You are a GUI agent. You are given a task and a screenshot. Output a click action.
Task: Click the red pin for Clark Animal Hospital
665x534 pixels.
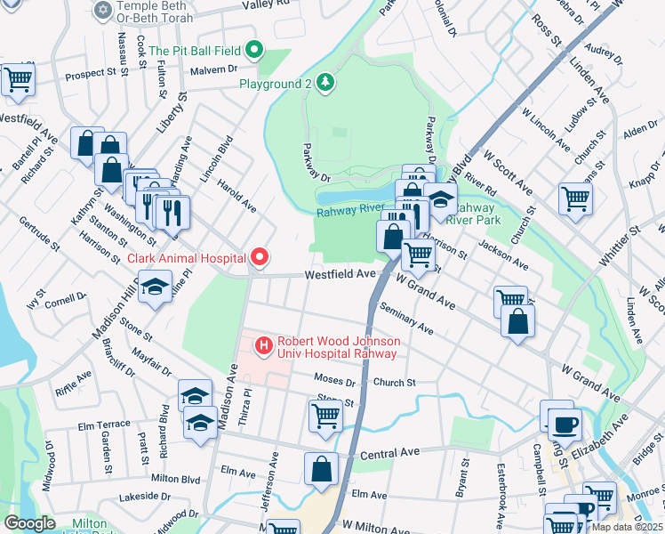(260, 258)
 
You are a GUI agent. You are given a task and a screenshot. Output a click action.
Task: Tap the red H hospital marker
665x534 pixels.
(263, 345)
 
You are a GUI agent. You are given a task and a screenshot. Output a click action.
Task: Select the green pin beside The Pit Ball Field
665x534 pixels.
(254, 51)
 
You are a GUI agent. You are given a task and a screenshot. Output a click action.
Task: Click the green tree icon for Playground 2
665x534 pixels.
(326, 84)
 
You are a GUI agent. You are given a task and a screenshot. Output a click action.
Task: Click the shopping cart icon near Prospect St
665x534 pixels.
(18, 79)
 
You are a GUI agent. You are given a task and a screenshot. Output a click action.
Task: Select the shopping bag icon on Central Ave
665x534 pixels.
(322, 469)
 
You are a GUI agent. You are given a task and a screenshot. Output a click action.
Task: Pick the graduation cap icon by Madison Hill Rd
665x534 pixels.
(155, 288)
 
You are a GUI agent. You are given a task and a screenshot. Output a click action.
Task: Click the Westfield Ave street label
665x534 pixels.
(341, 275)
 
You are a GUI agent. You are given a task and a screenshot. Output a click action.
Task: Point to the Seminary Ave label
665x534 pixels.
(405, 319)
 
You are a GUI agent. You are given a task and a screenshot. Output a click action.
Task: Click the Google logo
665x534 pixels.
(29, 523)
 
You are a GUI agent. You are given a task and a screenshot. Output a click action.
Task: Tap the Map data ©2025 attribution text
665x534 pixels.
(627, 527)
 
